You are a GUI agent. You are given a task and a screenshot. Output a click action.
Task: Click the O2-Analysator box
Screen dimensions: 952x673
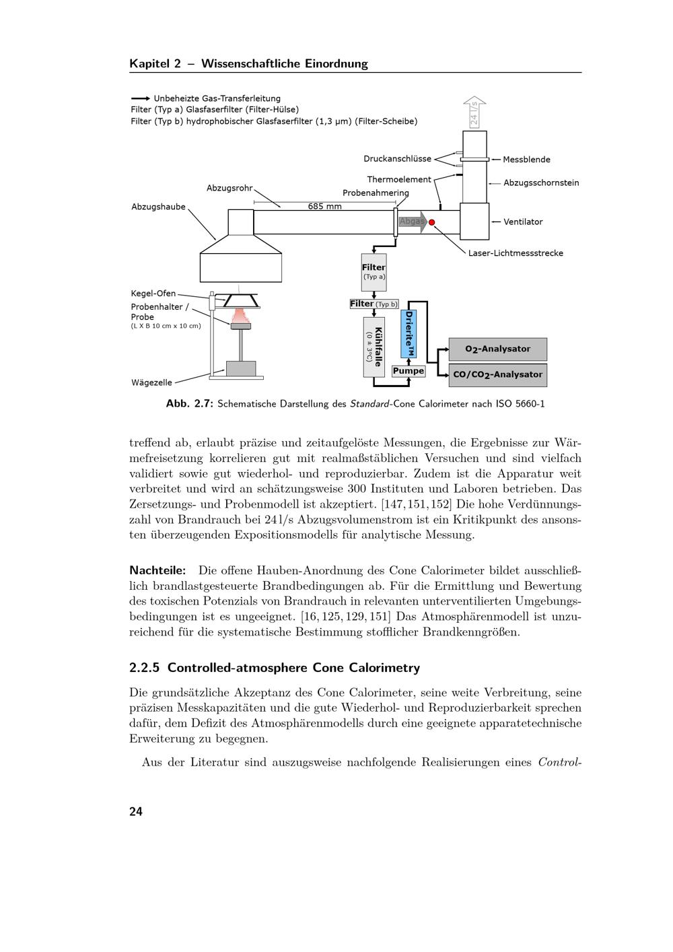(x=497, y=349)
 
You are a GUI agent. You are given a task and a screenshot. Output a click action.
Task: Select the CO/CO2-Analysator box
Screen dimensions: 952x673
(x=497, y=375)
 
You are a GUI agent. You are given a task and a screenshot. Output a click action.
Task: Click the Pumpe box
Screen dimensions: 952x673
(x=409, y=371)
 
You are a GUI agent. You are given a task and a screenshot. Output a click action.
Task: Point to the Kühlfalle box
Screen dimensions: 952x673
(x=374, y=347)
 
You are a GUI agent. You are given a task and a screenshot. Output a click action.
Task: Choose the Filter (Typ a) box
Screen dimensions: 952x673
(x=374, y=271)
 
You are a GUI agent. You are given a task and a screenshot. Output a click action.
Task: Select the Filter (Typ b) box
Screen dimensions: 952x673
(x=374, y=304)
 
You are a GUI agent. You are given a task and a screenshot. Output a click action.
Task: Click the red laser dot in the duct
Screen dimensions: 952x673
(x=432, y=222)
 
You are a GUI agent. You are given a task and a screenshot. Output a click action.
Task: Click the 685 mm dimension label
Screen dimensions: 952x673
(x=325, y=207)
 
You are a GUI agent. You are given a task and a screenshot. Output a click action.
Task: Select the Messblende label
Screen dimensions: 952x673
(x=526, y=160)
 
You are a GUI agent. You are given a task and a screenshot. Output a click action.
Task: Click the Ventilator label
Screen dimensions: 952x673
(x=523, y=222)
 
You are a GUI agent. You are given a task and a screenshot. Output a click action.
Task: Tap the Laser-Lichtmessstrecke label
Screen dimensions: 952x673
(x=516, y=253)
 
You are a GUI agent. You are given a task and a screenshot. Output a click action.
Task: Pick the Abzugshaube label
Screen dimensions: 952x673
(x=158, y=207)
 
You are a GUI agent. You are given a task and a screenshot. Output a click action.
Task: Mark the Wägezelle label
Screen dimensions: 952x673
(x=151, y=382)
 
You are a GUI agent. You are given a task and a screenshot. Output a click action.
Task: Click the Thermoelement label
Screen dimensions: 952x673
(x=399, y=180)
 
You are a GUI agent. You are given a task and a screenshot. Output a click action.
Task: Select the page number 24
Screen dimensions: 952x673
(x=136, y=811)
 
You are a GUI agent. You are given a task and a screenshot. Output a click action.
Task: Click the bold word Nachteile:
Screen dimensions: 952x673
(x=157, y=570)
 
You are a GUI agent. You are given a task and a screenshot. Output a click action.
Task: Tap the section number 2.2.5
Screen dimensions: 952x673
(x=145, y=668)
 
